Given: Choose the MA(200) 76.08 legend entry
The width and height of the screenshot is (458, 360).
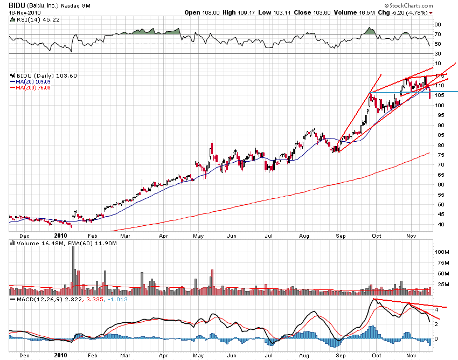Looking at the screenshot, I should pos(36,87).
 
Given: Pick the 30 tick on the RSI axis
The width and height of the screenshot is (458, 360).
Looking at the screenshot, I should pos(438,53).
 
